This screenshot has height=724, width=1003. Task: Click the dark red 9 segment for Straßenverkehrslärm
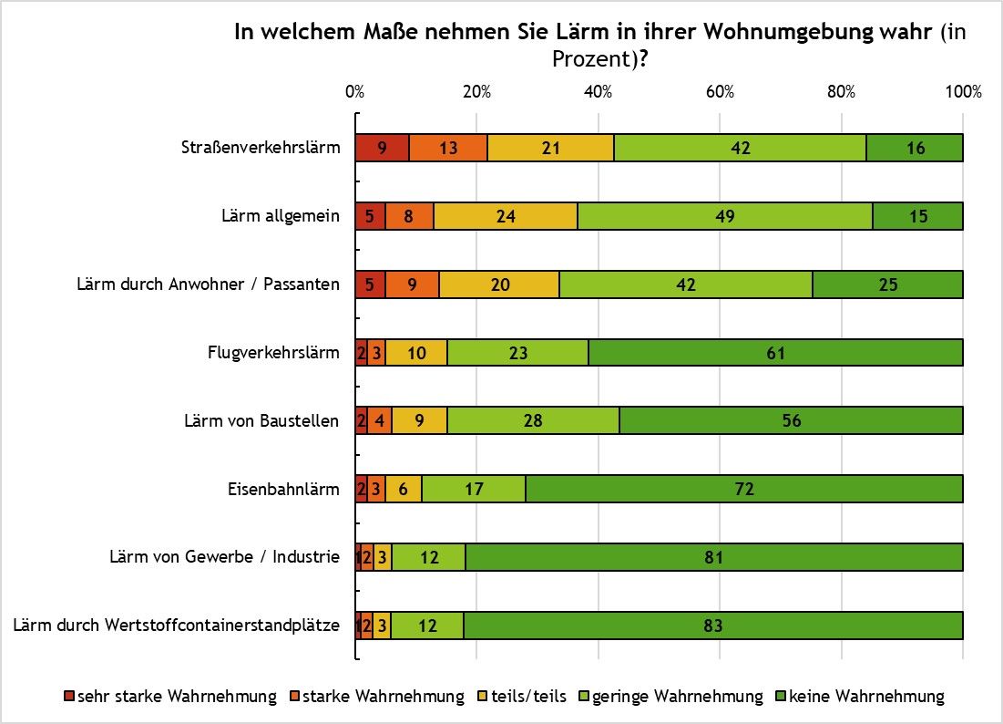(382, 148)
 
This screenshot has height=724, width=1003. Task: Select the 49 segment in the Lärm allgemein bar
(724, 216)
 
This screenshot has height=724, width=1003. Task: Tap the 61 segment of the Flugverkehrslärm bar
(775, 353)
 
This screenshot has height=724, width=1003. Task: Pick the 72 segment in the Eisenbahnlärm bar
(744, 489)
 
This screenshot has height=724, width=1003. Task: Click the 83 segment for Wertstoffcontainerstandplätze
(713, 626)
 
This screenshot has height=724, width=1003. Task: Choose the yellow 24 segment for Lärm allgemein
(505, 216)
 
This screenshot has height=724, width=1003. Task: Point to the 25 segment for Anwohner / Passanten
(887, 284)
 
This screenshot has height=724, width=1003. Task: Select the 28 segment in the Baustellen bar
(533, 420)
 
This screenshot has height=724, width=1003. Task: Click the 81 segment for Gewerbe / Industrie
(713, 557)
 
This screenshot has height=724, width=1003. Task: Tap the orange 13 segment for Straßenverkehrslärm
(448, 148)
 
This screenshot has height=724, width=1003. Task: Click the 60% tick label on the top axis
(720, 92)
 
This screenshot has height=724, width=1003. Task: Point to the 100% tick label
(963, 92)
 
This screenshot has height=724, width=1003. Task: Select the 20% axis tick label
(476, 92)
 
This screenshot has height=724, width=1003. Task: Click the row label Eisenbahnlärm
(283, 489)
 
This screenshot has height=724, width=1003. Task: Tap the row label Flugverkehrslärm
(273, 353)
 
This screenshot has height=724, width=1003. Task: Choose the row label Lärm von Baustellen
(261, 420)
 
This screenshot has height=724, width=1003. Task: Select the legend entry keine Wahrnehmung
(865, 697)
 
